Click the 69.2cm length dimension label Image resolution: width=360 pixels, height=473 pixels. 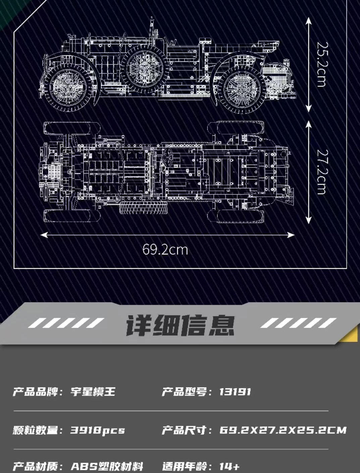point(165,250)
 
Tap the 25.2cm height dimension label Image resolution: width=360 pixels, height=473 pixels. point(321,64)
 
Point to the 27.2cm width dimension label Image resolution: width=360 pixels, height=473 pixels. point(321,172)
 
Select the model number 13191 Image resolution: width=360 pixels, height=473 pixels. point(235,392)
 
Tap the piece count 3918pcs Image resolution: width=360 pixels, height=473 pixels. point(98,430)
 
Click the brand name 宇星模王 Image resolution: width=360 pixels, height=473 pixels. point(93,392)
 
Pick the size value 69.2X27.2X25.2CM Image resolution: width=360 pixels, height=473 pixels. point(283,430)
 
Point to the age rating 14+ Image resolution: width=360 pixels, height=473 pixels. point(230,466)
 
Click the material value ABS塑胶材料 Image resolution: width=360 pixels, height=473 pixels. point(107,466)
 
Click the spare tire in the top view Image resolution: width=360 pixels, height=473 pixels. point(144,207)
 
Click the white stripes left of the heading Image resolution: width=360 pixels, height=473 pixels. point(66,323)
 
